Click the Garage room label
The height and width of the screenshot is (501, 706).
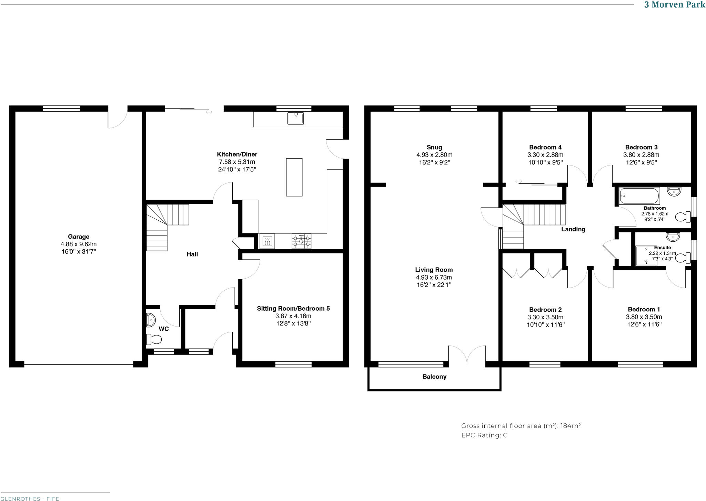pos(79,237)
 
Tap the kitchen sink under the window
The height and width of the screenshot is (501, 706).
pos(295,118)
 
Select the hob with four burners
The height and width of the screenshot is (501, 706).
pos(302,241)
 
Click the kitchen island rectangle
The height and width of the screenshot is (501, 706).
pos(294,177)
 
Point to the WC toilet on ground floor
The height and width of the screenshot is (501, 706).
pos(154,340)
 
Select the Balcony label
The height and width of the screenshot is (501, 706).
pos(434,377)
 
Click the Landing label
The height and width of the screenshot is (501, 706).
pos(573,229)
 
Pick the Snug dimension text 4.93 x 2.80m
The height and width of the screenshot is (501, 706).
pos(434,155)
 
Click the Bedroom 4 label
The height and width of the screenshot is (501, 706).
pos(545,147)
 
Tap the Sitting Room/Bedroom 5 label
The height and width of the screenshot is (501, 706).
pos(293,309)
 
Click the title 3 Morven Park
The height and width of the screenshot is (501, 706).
pos(675,5)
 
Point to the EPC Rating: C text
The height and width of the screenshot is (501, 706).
pos(484,435)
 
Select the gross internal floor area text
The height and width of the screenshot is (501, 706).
pos(521,426)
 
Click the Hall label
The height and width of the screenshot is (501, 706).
pos(192,254)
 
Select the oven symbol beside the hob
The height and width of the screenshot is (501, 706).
pos(267,241)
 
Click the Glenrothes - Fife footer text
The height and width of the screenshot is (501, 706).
pos(30,499)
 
